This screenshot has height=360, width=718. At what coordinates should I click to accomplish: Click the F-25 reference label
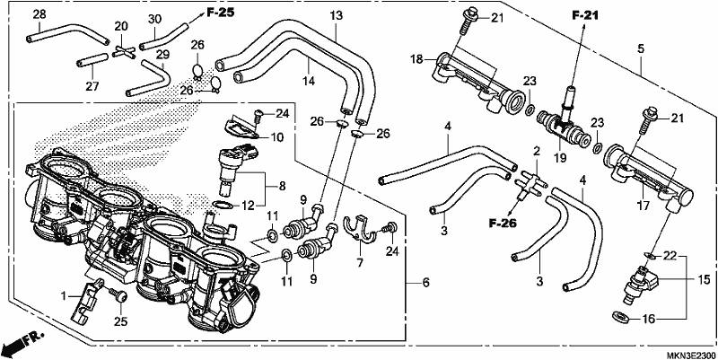(x=220, y=13)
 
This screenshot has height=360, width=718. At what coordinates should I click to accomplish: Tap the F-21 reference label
(x=585, y=16)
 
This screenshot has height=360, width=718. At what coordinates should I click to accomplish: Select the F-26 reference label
(x=502, y=224)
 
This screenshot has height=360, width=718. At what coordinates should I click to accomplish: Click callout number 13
(x=336, y=15)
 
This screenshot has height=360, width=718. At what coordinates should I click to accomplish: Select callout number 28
(x=39, y=14)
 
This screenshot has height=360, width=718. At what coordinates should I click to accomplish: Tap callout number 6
(x=425, y=283)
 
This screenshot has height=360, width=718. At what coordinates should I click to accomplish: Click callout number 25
(x=120, y=322)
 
